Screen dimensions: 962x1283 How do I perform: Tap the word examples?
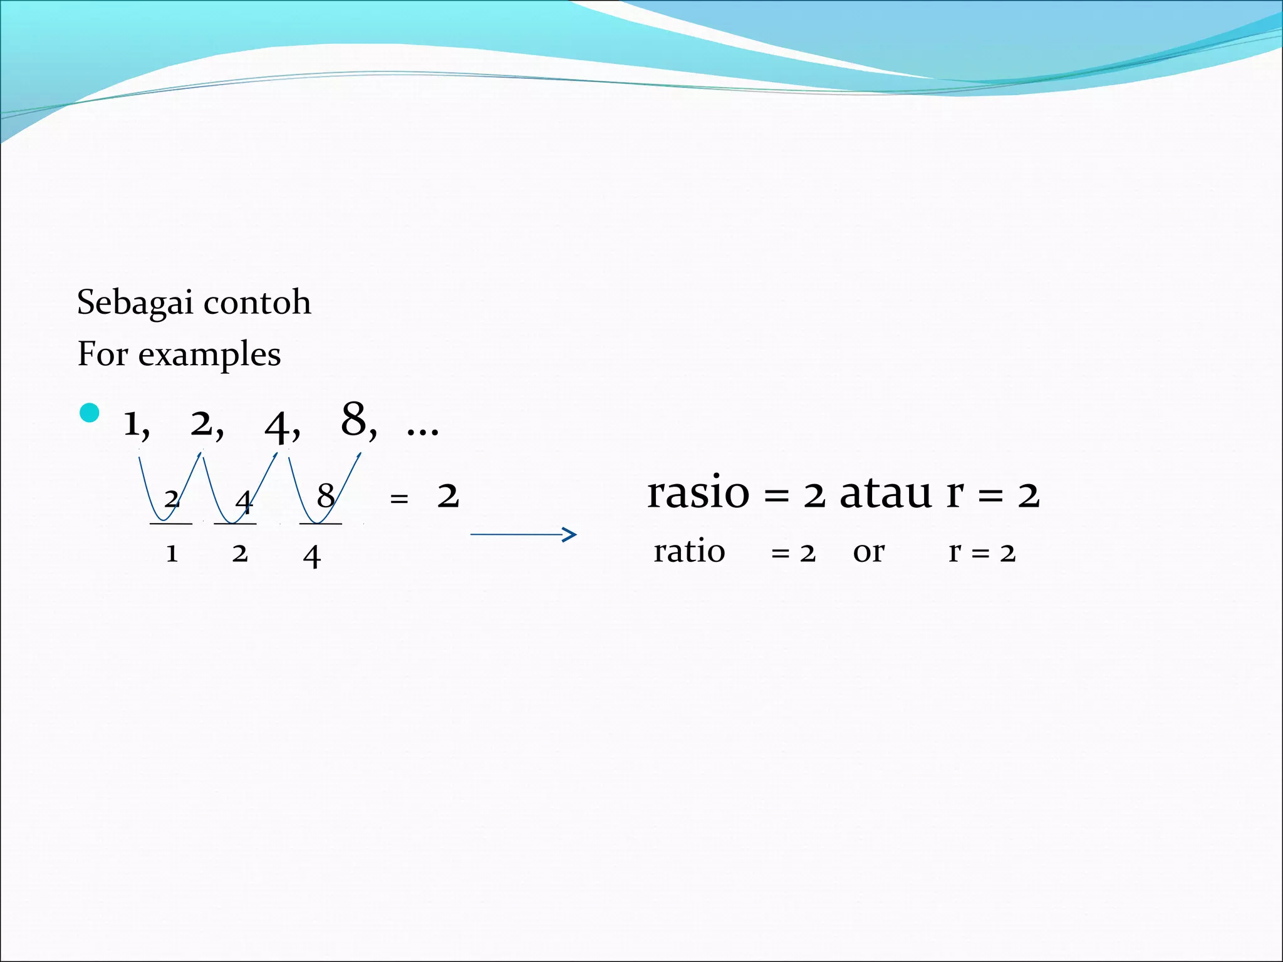209,355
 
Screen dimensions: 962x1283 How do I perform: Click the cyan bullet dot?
90,413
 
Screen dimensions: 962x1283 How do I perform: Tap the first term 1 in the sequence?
132,424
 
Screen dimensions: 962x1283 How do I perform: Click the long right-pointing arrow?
523,534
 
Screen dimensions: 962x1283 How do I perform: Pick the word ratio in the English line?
689,552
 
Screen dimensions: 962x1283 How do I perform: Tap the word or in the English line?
868,552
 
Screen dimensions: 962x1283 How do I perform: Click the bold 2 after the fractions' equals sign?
448,496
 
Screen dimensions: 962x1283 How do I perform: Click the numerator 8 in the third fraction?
325,496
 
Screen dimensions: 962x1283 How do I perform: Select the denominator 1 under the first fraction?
172,554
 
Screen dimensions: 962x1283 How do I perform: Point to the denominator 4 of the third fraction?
311,556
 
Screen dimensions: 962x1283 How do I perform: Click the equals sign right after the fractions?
399,499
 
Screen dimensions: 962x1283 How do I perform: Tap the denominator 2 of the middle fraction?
240,554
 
